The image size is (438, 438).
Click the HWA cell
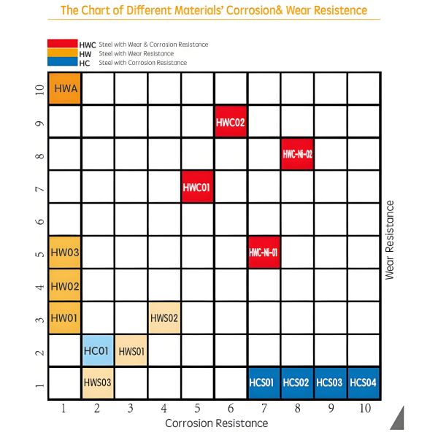64,88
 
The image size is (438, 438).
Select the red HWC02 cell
230,121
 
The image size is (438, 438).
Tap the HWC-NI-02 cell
296,154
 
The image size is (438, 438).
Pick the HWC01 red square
197,187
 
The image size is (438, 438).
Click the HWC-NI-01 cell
264,253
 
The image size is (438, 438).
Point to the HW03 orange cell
64,253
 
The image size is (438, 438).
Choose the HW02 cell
64,285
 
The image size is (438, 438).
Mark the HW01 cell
64,318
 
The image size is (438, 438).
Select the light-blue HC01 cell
97,351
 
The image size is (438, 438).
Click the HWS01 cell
131,351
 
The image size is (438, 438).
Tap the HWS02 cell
164,318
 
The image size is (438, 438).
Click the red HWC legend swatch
61,45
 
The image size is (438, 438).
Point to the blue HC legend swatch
61,63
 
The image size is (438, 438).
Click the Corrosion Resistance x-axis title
216,423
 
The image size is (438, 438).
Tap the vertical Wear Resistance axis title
390,240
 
